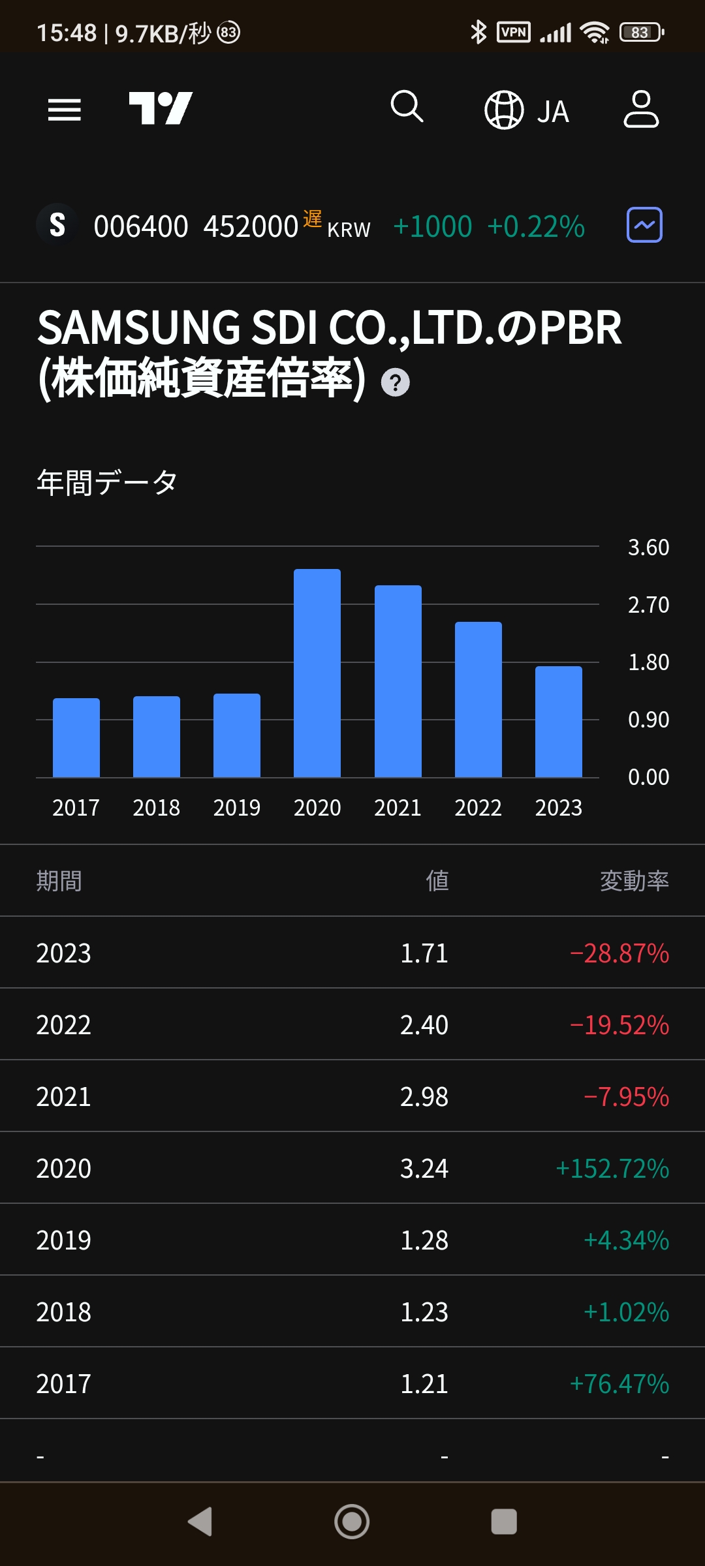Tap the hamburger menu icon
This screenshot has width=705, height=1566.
click(x=65, y=110)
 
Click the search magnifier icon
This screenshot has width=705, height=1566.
click(x=407, y=106)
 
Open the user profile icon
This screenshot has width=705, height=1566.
click(x=641, y=109)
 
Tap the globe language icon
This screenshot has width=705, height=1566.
click(x=504, y=110)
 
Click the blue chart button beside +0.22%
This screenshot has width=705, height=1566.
click(x=644, y=225)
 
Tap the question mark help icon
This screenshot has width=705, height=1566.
click(x=395, y=382)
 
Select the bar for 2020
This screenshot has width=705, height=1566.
click(x=317, y=673)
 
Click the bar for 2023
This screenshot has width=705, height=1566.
click(x=559, y=722)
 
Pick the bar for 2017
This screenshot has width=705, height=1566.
click(x=76, y=737)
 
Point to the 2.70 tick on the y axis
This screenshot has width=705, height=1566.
click(x=648, y=605)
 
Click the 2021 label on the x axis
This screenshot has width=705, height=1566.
click(x=398, y=808)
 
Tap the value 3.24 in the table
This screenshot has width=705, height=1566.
click(x=424, y=1169)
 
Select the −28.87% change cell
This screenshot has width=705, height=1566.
click(x=619, y=953)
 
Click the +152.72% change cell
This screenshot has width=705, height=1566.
click(x=612, y=1169)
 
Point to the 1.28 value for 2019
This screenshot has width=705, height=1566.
click(x=424, y=1240)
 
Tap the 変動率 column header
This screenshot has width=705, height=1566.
click(x=634, y=881)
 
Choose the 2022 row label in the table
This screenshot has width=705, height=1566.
click(x=63, y=1025)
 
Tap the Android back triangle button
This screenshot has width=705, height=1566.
click(x=200, y=1522)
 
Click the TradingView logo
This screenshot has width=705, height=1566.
click(x=161, y=108)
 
